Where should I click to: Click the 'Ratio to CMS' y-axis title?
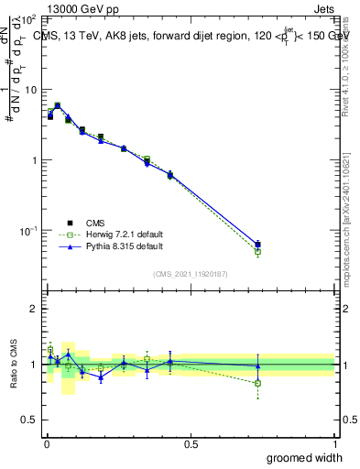15,364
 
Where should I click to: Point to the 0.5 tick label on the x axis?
191,443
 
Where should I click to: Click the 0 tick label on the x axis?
46,443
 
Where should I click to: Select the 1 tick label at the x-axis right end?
334,443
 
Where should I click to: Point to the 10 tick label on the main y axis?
30,90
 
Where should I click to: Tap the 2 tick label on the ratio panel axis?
35,309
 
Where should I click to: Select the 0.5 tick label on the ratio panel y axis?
31,420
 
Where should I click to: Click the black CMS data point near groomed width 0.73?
257,245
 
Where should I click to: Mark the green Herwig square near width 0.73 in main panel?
257,251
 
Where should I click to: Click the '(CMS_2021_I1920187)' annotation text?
191,272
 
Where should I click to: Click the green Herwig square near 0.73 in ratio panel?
257,383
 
